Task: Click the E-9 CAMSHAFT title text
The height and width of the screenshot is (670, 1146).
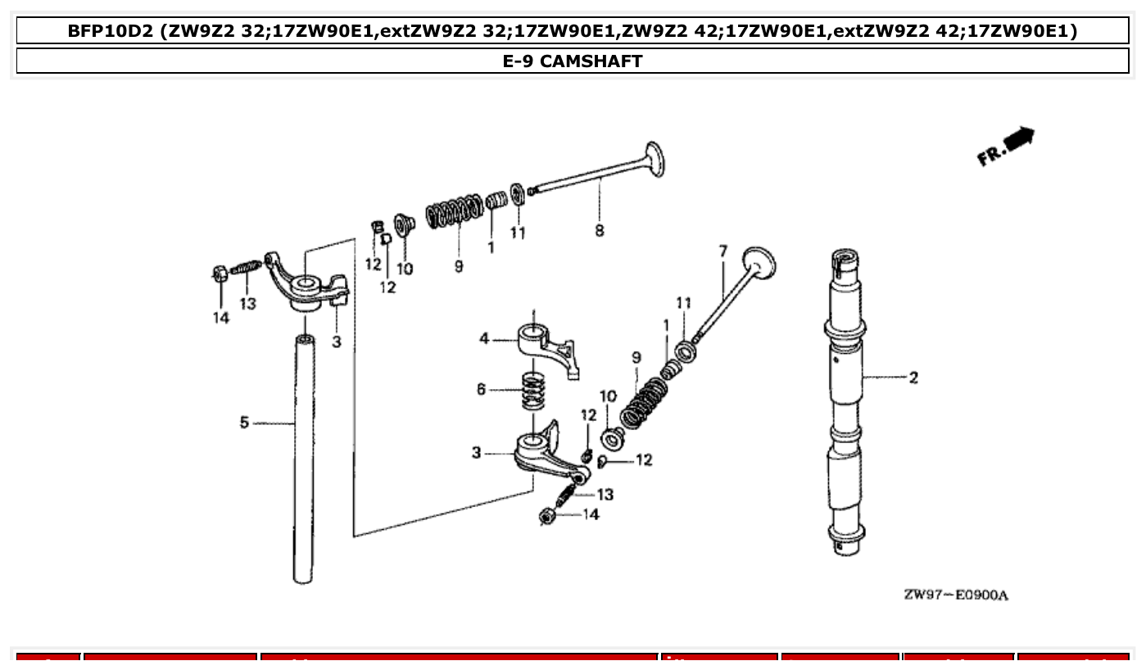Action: pos(573,61)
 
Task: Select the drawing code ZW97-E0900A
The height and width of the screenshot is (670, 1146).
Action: pos(956,595)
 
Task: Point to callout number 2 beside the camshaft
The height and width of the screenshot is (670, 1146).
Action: pos(913,378)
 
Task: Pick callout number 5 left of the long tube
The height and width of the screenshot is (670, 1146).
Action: pos(244,423)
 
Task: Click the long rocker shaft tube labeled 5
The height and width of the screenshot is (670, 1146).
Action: pos(304,459)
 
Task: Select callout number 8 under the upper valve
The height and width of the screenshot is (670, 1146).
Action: pos(600,231)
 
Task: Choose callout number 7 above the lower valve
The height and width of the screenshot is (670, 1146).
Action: pos(722,251)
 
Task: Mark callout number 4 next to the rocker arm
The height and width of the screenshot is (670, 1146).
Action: pos(484,338)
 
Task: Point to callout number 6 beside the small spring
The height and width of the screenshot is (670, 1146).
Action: pos(482,389)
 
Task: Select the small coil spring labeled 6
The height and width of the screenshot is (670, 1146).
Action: pos(533,391)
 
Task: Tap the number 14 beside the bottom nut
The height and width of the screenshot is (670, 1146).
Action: pos(590,514)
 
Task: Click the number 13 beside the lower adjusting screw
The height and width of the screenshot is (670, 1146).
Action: pos(605,494)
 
